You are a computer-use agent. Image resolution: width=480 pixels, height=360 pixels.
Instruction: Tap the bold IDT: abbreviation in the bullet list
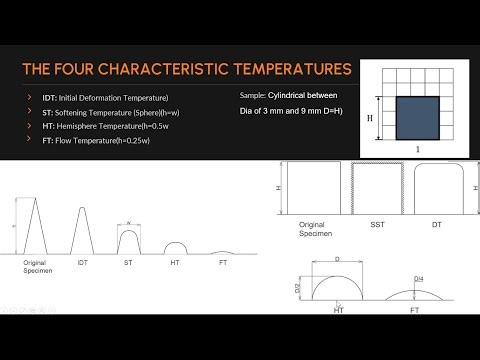pos(42,96)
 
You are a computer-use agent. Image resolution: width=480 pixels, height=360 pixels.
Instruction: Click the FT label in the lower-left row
pos(223,263)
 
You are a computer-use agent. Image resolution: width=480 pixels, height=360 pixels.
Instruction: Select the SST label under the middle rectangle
pos(379,225)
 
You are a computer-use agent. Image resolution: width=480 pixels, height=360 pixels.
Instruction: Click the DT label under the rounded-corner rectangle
pos(436,225)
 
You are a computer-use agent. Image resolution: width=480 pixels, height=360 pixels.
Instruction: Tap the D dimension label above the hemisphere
pos(336,258)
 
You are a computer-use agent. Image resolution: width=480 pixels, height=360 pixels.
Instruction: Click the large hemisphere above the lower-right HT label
pos(336,285)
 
